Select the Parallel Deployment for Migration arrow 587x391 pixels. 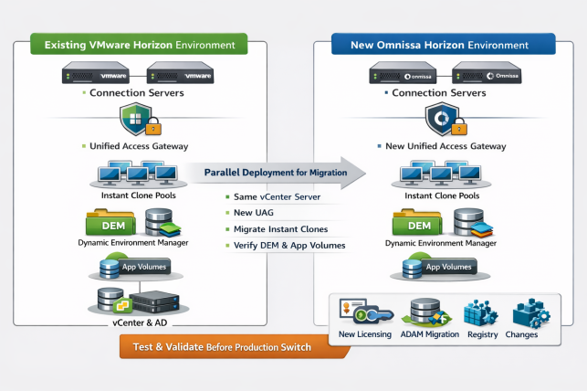click(274, 172)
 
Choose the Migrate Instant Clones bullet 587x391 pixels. click(283, 229)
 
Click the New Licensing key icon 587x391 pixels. click(362, 312)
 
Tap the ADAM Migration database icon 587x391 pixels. click(425, 312)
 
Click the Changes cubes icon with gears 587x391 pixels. click(529, 312)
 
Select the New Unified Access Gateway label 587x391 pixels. click(446, 146)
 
